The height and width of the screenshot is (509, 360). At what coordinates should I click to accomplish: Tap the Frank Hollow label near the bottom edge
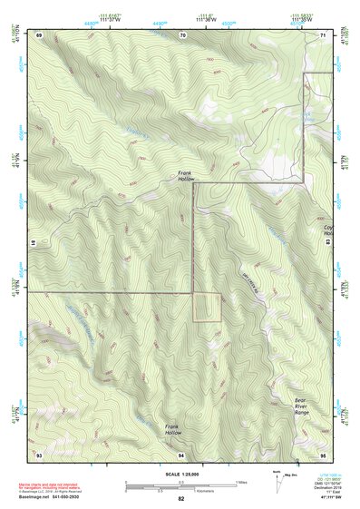point(173,429)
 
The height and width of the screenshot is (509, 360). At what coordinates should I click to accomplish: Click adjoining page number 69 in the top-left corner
point(39,34)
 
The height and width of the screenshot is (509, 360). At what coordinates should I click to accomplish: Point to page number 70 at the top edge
point(182,34)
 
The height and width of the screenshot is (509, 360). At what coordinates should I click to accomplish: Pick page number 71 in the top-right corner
point(325,34)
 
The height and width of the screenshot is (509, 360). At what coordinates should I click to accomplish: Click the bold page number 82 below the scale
point(180,499)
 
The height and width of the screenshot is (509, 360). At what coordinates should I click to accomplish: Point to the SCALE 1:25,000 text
point(180,474)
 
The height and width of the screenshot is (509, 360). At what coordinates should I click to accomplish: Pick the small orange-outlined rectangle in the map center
point(207,307)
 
